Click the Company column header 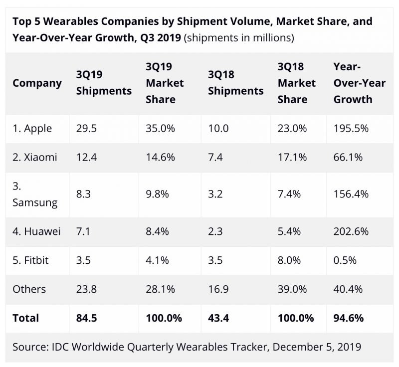point(37,83)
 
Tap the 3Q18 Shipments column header point(235,83)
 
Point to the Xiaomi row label point(34,157)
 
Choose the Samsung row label point(34,194)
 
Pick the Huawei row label point(36,231)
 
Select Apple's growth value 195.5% point(351,128)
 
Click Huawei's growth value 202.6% point(351,231)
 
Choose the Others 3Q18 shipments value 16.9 point(218,289)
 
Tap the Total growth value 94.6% point(349,318)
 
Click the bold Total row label point(25,318)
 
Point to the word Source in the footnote point(30,346)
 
